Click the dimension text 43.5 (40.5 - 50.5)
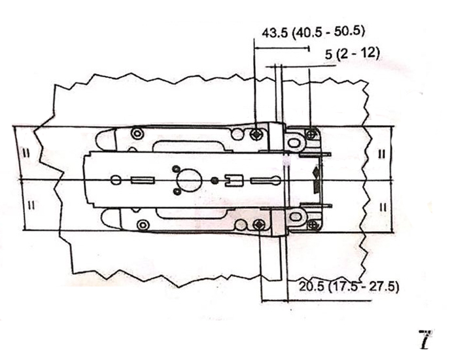(x=313, y=31)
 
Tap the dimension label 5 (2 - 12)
(x=353, y=54)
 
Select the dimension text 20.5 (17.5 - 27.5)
(x=349, y=287)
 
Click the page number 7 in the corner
(x=426, y=340)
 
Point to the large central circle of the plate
(x=189, y=181)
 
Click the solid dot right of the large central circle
(x=214, y=181)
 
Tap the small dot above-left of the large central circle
(x=177, y=169)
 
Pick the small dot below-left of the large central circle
(x=178, y=192)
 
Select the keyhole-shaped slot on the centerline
(x=266, y=181)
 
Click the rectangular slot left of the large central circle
(x=143, y=181)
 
